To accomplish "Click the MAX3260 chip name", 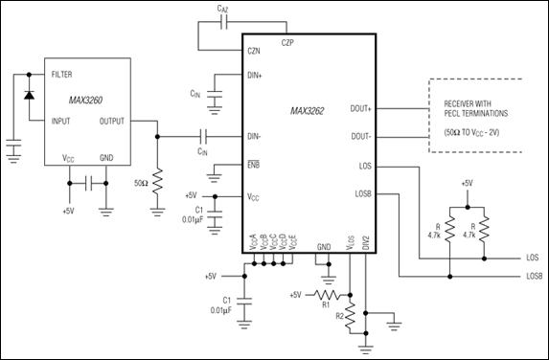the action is coord(85,101).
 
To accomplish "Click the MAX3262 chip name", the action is coord(307,111).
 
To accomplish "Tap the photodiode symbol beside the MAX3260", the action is coord(29,95).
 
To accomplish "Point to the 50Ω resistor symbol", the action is coord(157,181).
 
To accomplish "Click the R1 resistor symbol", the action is coord(327,295).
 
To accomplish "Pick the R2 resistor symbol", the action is coord(350,316).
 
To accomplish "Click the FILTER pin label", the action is coord(61,75).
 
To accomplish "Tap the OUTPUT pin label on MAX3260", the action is coord(112,122).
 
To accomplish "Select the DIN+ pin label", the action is coord(255,76).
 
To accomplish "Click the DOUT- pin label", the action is coord(361,137).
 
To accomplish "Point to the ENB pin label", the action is coord(254,165).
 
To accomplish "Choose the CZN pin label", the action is coord(254,51).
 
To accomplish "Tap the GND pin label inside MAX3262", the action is coord(324,247).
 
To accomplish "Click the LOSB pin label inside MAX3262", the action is coord(363,193).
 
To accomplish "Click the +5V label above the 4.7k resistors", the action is coord(467,183).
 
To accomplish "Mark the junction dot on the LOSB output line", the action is coord(450,277).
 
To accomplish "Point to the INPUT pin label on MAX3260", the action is coord(61,122).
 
